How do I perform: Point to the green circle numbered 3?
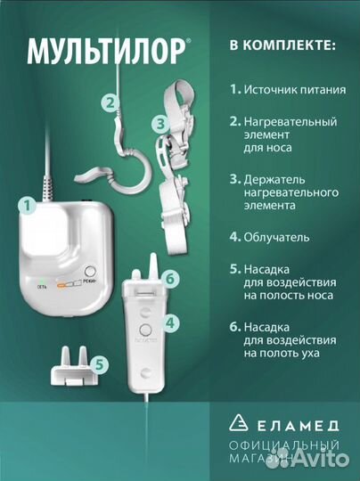click(x=159, y=125)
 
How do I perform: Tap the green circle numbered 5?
click(x=102, y=363)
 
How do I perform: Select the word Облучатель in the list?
click(x=280, y=238)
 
